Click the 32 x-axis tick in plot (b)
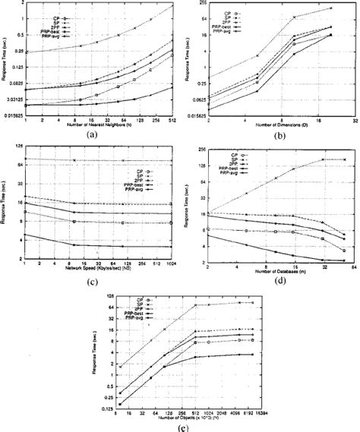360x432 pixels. [x=355, y=118]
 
